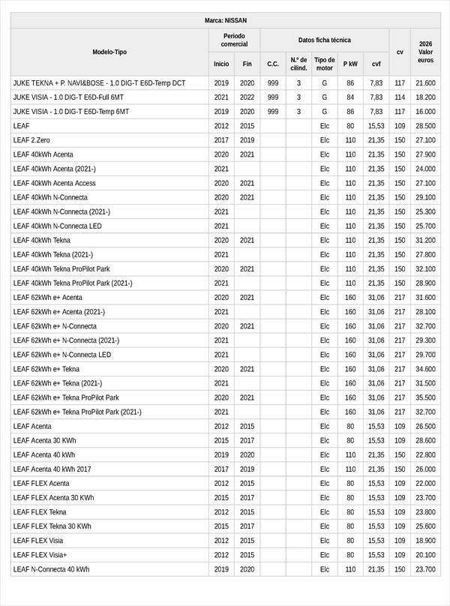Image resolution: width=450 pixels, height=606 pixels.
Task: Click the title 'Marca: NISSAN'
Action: pos(225,20)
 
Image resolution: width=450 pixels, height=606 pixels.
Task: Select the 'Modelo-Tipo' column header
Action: pos(109,52)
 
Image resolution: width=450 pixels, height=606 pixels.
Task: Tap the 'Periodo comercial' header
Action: pos(234,40)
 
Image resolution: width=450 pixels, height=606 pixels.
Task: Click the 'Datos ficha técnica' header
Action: pos(324,40)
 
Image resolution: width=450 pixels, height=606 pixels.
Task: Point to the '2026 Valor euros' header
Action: pos(425,52)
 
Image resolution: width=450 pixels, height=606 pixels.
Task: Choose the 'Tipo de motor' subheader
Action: pos(324,64)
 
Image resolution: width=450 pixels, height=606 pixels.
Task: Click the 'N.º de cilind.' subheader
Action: pos(298,64)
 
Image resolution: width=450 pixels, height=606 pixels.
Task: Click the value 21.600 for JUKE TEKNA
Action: pos(425,83)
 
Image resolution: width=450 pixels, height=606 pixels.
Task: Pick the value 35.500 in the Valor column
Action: pos(425,397)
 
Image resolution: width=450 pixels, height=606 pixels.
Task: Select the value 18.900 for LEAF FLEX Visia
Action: pos(425,541)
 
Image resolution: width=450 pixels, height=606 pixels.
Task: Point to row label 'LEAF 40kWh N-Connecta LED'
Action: pos(58,226)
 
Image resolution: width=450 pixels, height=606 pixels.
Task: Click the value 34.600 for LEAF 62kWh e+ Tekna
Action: pos(425,369)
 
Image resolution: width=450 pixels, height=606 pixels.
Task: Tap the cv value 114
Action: pos(400,97)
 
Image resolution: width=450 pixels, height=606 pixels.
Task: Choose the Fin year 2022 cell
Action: pos(247,97)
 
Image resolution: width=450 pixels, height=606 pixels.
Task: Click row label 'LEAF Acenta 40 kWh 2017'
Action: pos(52,469)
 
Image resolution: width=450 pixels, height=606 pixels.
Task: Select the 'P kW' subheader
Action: pos(350,64)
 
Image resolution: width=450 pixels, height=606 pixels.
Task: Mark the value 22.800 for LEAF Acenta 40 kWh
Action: pos(425,454)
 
